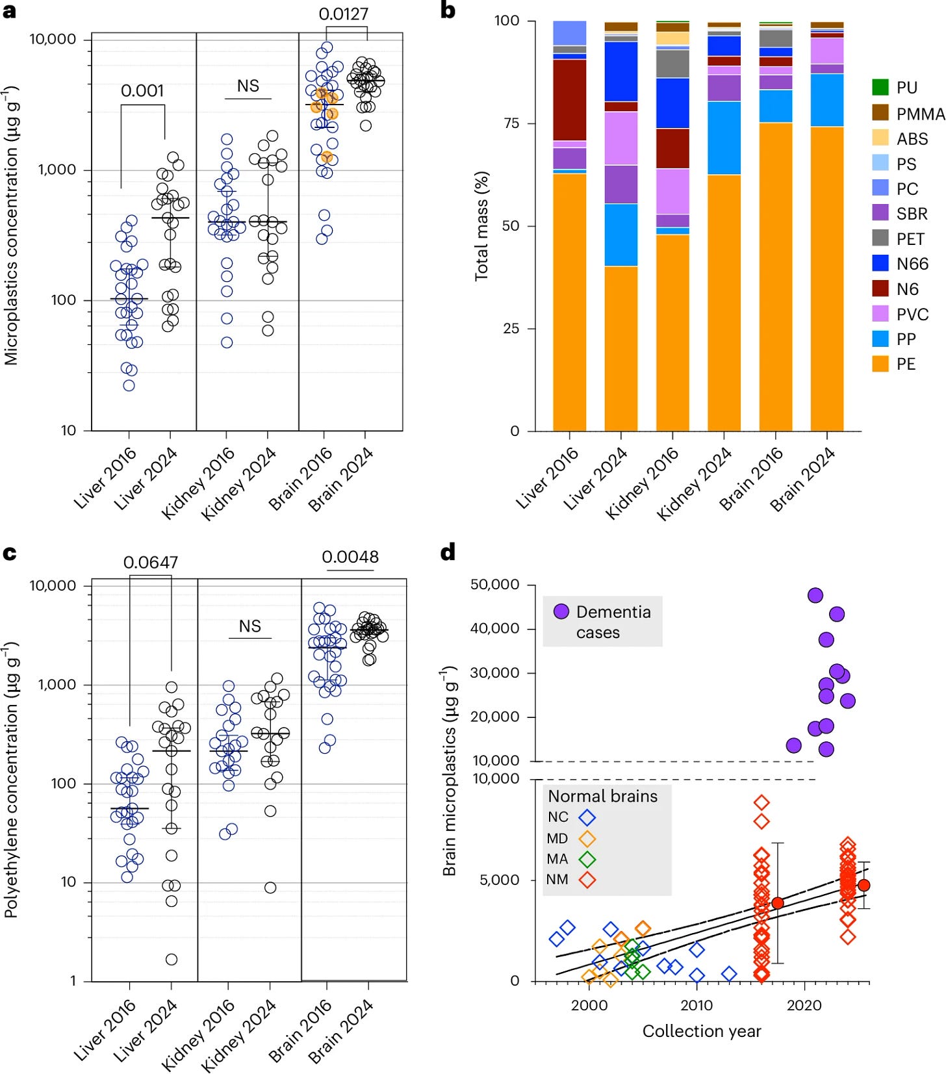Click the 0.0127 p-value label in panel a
click(x=343, y=14)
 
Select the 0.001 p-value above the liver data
click(x=142, y=90)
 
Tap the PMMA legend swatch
click(x=880, y=113)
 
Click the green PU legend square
click(x=880, y=87)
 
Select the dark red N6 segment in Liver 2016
click(x=569, y=99)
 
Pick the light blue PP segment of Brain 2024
click(x=826, y=100)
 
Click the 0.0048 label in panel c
click(x=350, y=557)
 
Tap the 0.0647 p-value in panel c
click(x=151, y=562)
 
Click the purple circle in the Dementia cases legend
click(x=561, y=611)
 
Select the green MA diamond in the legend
click(x=587, y=859)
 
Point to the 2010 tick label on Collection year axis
click(x=697, y=1005)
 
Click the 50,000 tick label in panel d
click(x=494, y=584)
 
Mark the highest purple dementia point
click(x=815, y=595)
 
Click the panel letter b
click(x=448, y=10)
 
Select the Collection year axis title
click(x=701, y=1031)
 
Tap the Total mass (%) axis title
click(x=481, y=226)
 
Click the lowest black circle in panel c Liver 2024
click(x=171, y=959)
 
